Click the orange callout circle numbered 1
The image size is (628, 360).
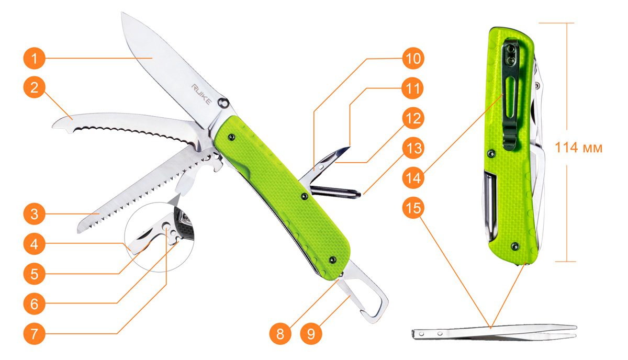(x=34, y=58)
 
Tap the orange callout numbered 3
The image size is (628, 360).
(x=34, y=214)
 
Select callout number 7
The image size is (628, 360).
(x=34, y=334)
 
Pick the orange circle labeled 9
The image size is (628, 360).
(x=311, y=334)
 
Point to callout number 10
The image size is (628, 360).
(x=413, y=58)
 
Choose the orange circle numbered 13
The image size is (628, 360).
(x=413, y=148)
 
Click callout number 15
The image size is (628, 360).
(x=413, y=208)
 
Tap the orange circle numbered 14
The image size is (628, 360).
(x=413, y=178)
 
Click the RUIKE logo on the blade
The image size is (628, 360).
(x=201, y=94)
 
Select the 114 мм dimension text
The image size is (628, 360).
(x=578, y=148)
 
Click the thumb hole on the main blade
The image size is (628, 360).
(x=223, y=103)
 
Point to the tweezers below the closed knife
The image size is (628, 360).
(x=494, y=332)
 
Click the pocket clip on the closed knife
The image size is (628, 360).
(x=511, y=93)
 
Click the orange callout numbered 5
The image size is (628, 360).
(x=34, y=274)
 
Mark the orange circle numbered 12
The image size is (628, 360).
(x=413, y=118)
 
